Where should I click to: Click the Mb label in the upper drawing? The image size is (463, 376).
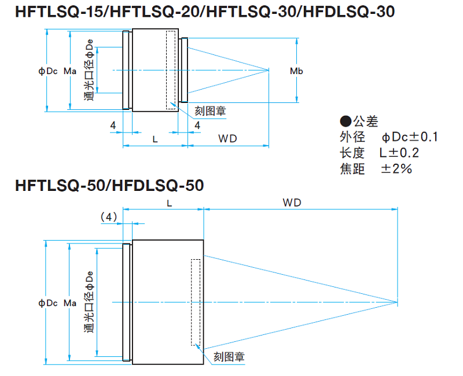click(x=296, y=71)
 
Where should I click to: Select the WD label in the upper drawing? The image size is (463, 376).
click(x=227, y=138)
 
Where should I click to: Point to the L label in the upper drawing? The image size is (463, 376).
click(x=155, y=138)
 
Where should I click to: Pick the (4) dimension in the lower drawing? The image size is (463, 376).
click(x=109, y=217)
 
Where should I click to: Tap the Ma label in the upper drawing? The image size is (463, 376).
click(x=69, y=71)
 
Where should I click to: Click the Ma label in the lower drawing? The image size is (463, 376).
click(x=69, y=303)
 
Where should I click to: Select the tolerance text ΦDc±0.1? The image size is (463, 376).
click(x=410, y=137)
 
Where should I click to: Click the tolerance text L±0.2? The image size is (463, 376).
click(x=399, y=153)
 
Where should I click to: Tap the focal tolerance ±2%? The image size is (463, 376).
click(x=396, y=169)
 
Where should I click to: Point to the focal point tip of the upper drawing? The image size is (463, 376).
click(x=270, y=71)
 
